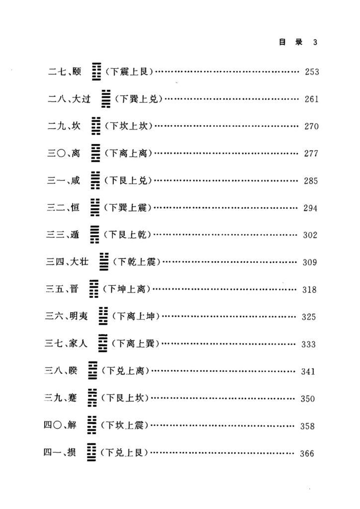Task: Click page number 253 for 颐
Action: pos(312,72)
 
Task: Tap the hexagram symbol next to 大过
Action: pos(105,99)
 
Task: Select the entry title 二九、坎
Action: pos(64,126)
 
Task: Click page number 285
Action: pos(311,181)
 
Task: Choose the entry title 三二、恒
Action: pos(63,207)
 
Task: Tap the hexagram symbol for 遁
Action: pos(95,235)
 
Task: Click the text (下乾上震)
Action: pos(137,261)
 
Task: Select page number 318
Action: pos(309,290)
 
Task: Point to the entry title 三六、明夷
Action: pos(66,316)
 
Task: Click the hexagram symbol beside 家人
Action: pos(103,343)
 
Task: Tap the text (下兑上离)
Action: pos(125,370)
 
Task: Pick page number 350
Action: pos(307,399)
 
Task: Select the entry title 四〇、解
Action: pos(60,424)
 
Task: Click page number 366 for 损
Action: pos(307,453)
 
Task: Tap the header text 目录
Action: pos(291,42)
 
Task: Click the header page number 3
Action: pos(315,42)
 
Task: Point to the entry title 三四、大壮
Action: pos(67,261)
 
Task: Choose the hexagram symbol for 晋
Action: pos(94,289)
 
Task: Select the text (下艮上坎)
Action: pos(125,398)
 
